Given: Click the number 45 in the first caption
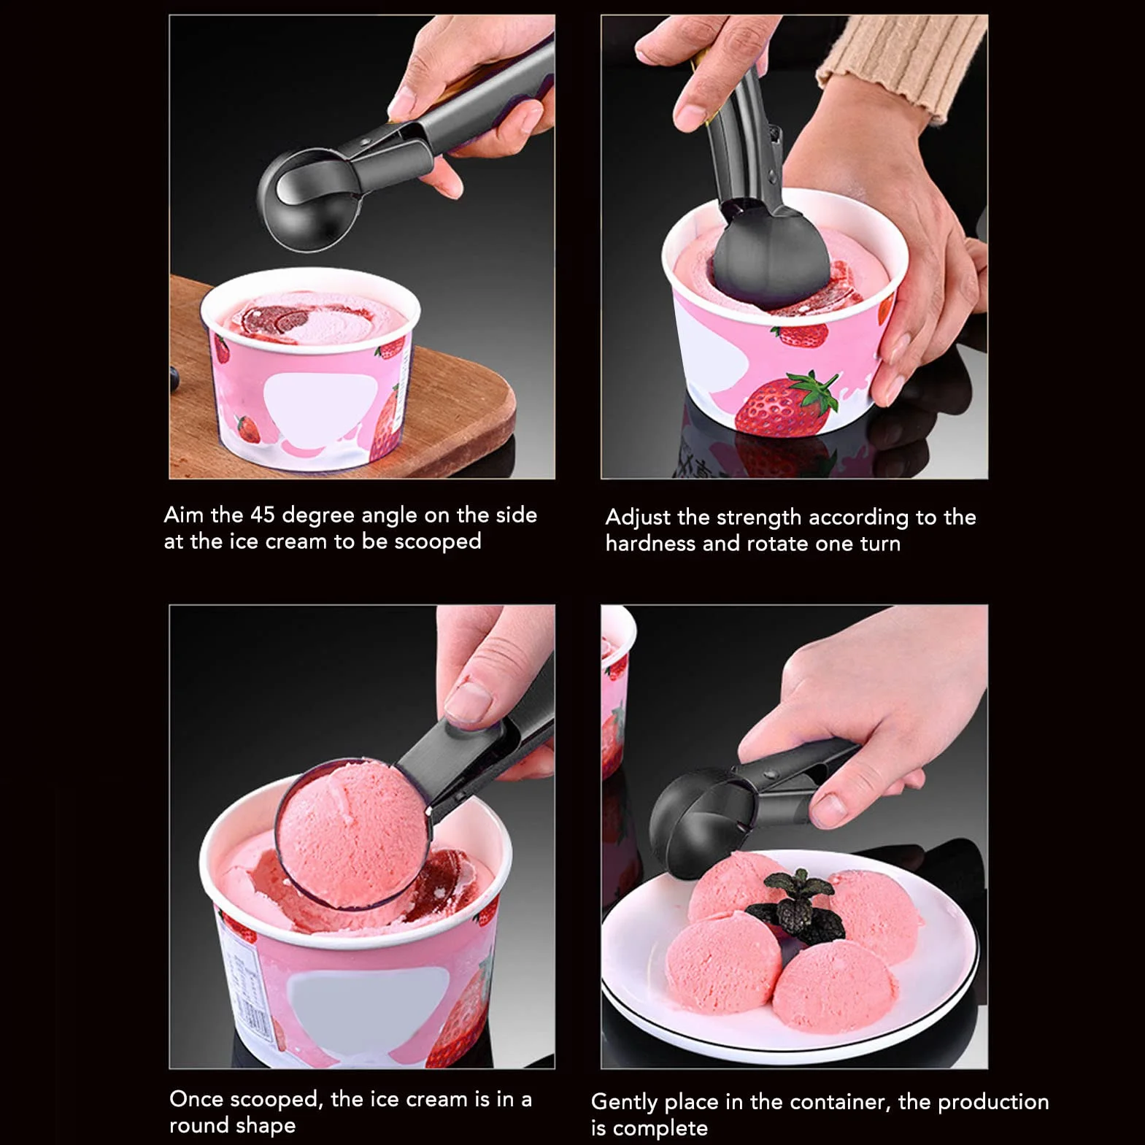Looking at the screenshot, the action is (263, 514).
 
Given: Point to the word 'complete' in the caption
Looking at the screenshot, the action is (660, 1128).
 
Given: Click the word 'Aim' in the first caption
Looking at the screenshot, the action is (183, 514).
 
